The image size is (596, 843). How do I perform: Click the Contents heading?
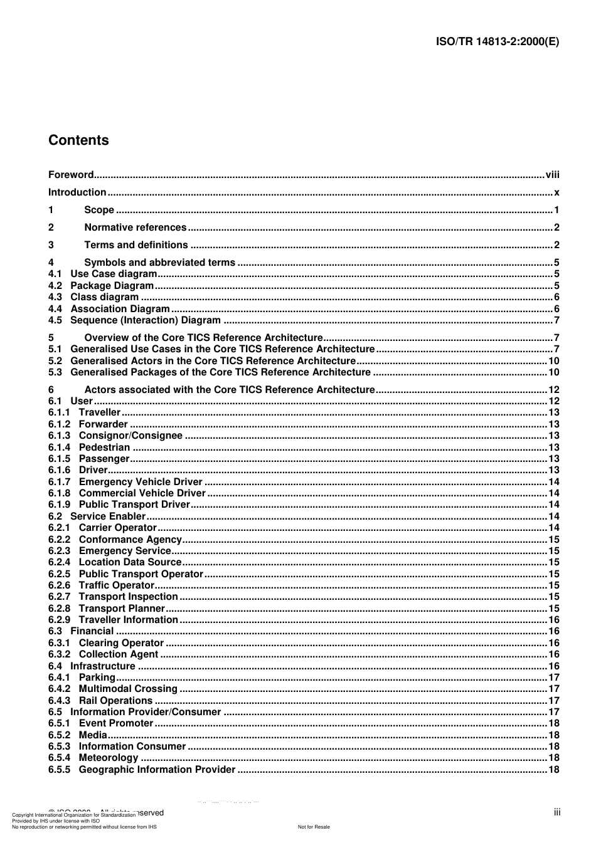(x=78, y=140)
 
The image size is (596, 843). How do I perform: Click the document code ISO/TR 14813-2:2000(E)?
(x=497, y=42)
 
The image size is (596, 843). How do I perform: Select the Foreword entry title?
(x=71, y=175)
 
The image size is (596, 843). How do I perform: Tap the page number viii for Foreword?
(x=552, y=175)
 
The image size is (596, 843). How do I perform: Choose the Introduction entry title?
(x=77, y=192)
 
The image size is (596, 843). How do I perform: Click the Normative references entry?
(x=135, y=228)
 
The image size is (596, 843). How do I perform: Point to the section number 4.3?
(x=55, y=297)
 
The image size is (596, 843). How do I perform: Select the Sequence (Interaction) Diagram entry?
(x=145, y=320)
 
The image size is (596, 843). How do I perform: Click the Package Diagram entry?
(x=112, y=286)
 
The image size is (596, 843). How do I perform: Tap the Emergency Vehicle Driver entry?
(x=141, y=482)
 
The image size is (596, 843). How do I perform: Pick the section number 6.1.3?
(x=60, y=436)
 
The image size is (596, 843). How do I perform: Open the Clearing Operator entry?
(x=121, y=643)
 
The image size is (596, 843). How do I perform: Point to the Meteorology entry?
(x=108, y=758)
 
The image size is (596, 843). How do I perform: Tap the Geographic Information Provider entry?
(x=157, y=770)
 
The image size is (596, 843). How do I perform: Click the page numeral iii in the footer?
(x=557, y=812)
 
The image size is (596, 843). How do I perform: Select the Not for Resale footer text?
(x=314, y=827)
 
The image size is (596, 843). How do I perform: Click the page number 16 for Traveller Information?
(x=554, y=620)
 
